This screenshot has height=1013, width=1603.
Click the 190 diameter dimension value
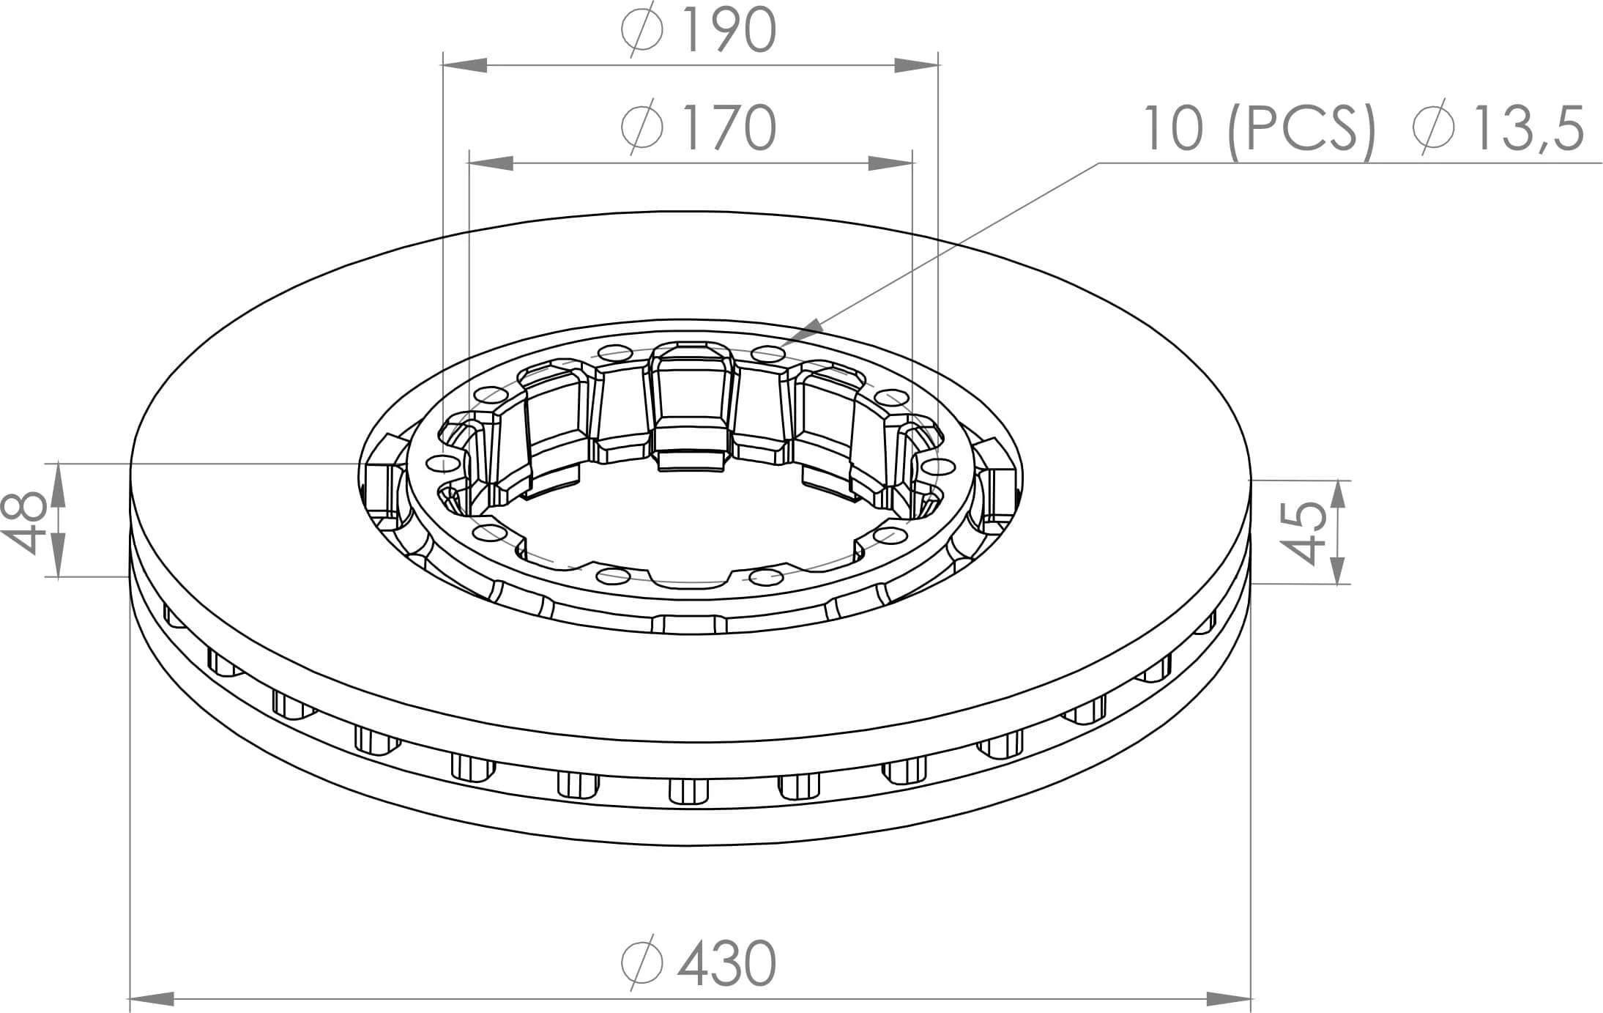[x=728, y=31]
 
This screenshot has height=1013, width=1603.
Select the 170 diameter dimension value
[x=728, y=127]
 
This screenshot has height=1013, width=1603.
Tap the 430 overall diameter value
[x=726, y=963]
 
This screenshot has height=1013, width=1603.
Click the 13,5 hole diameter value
[x=1529, y=129]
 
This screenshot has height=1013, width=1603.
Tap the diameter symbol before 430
[x=642, y=963]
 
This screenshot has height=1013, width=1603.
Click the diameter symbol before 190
[x=642, y=31]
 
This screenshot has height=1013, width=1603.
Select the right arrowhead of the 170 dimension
[x=890, y=163]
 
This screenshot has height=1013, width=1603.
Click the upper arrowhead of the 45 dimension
[x=1338, y=495]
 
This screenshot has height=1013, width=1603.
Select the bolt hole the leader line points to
[x=767, y=355]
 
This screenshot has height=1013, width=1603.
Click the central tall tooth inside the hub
[x=691, y=396]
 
